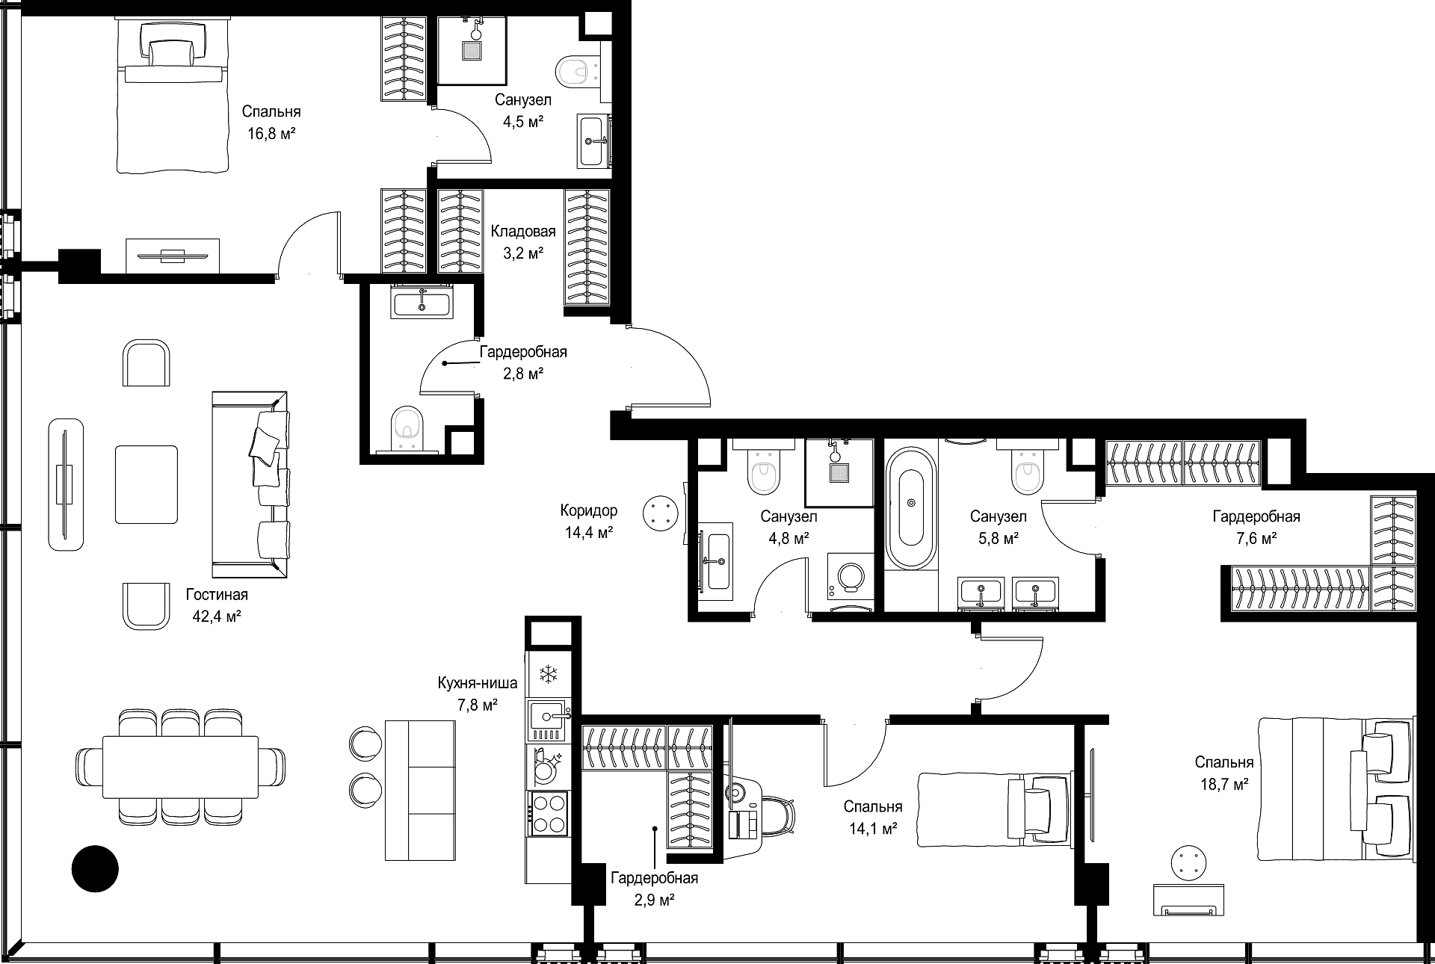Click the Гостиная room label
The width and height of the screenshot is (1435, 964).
point(217,595)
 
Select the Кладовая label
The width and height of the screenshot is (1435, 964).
point(523,231)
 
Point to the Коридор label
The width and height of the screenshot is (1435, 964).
point(589,510)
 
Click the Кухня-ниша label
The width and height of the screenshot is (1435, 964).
point(478,683)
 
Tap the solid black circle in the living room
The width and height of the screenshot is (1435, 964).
point(95,868)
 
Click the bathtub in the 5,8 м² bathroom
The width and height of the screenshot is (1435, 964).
point(911,507)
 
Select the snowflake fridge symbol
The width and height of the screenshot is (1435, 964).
point(549,675)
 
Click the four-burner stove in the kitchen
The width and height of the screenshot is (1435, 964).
point(548,813)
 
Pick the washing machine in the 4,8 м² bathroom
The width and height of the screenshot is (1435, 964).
point(851,576)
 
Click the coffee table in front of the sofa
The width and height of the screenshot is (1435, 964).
point(146,484)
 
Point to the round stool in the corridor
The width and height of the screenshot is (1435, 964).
point(659,513)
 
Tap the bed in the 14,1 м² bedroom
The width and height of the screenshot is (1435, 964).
point(994,809)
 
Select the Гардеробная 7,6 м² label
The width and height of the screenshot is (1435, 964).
point(1256,527)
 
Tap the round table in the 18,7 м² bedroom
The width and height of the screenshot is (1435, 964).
point(1189,864)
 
